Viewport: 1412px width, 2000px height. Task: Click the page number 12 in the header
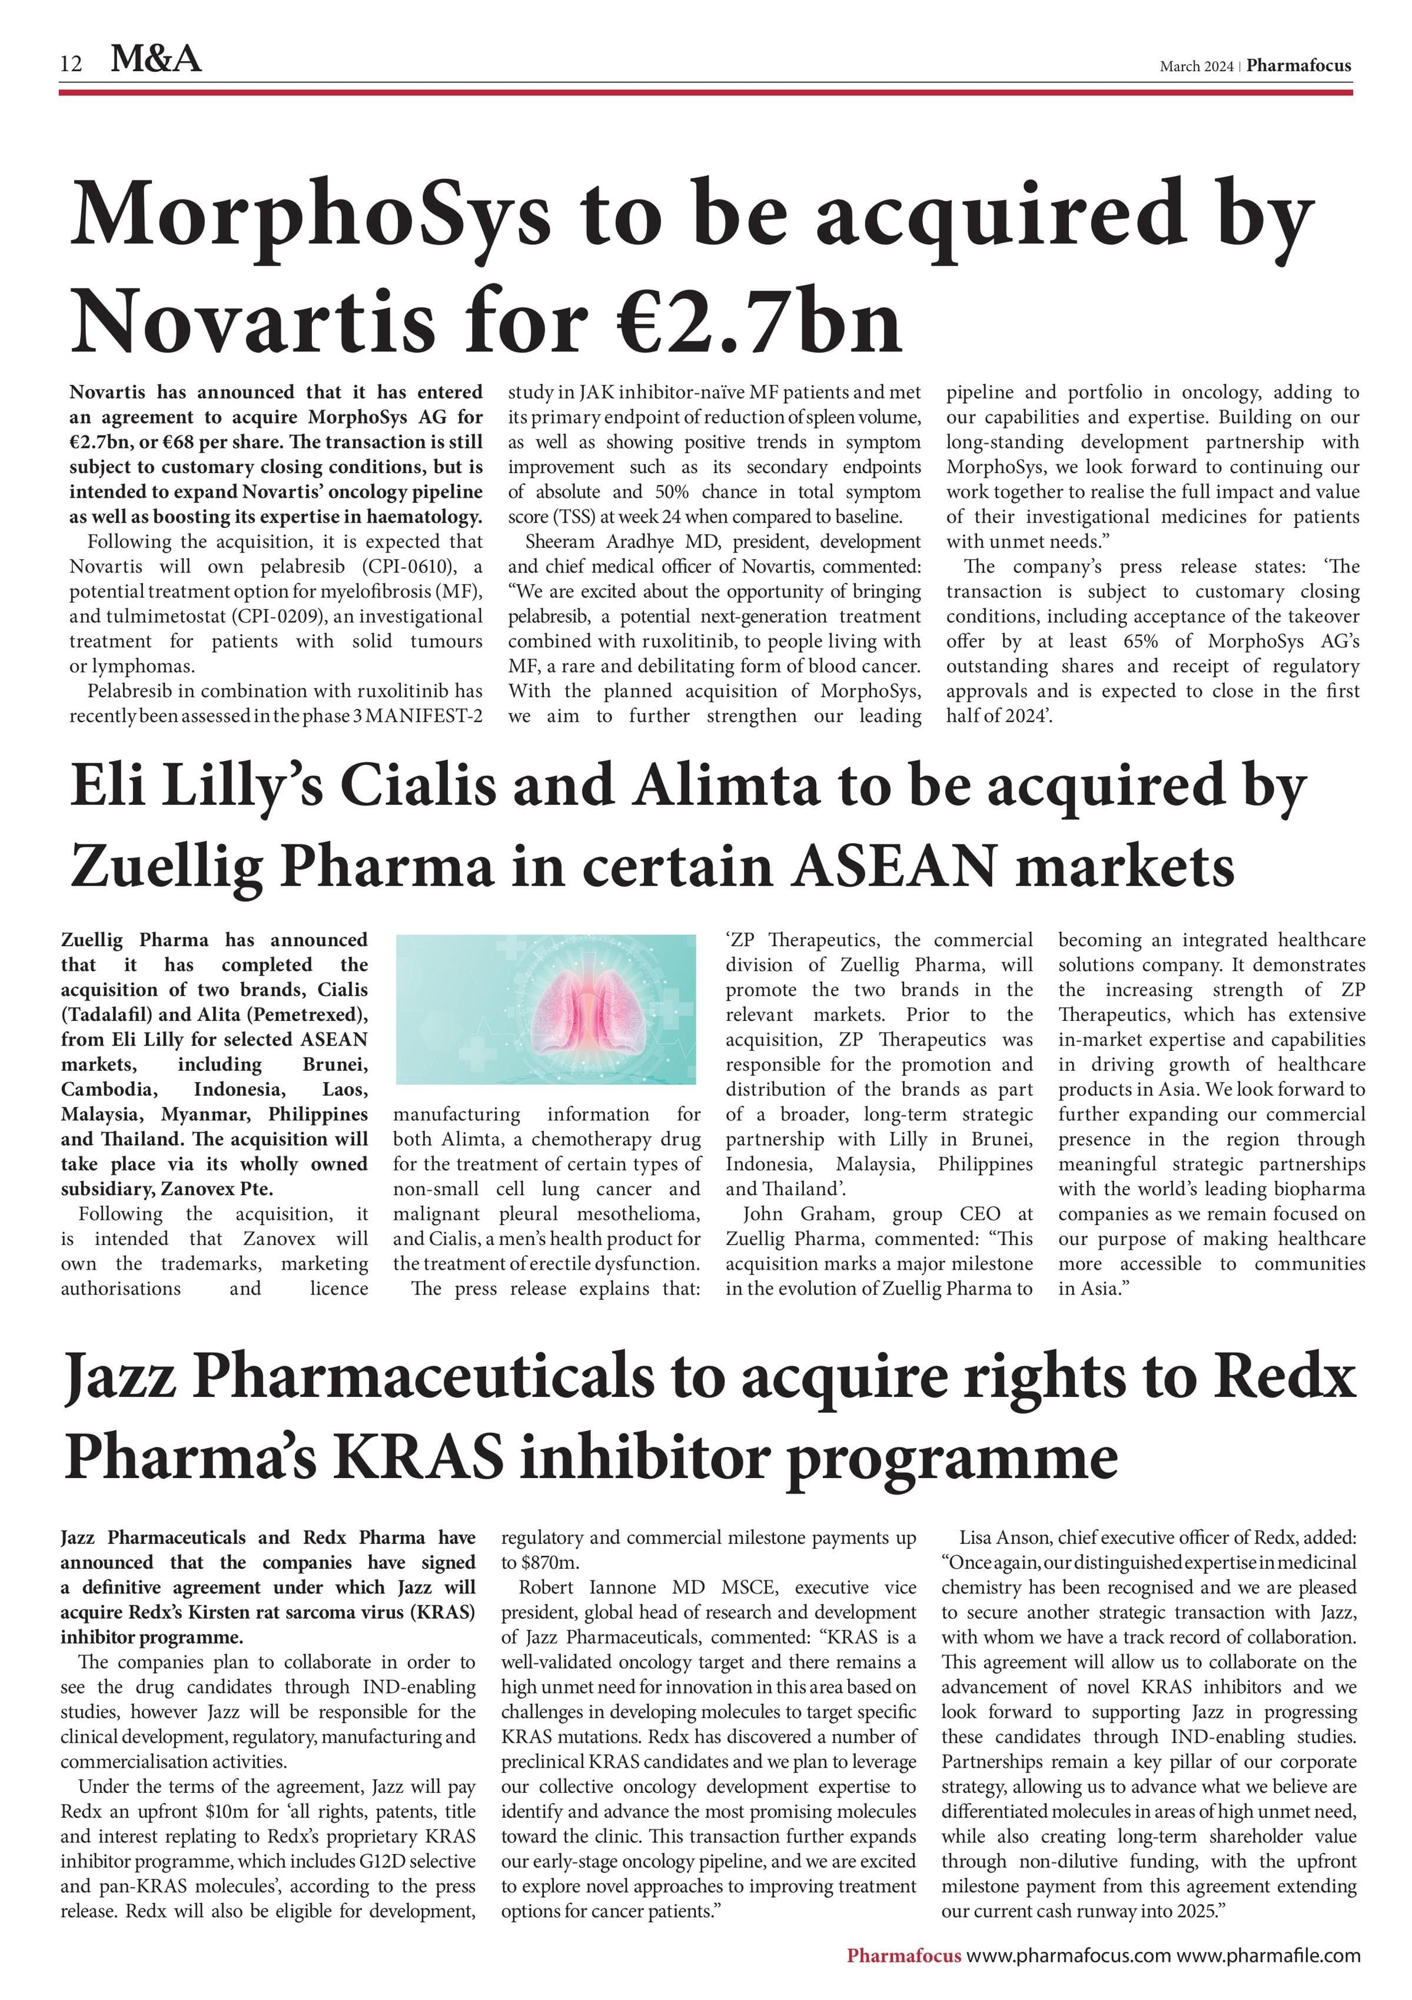tap(71, 64)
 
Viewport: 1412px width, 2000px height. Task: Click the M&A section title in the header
tap(156, 59)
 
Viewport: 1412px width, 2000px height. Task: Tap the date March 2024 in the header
tap(1195, 66)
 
